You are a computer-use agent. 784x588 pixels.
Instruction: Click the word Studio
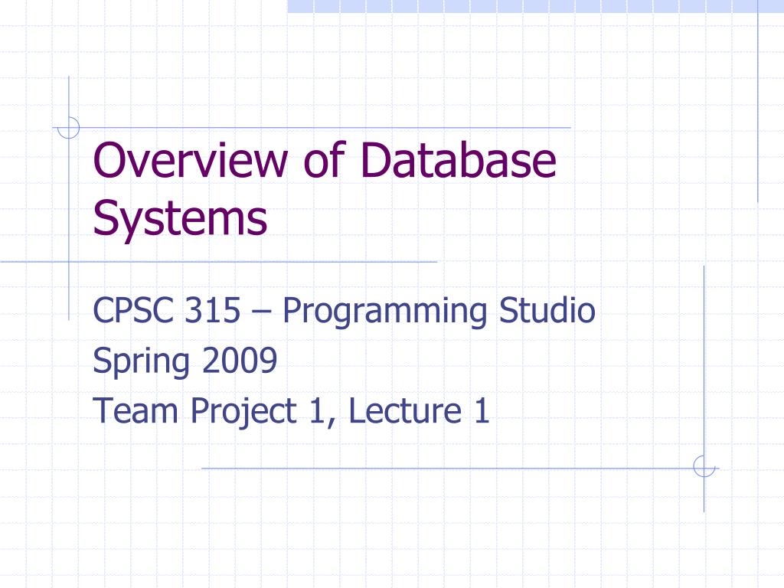(547, 312)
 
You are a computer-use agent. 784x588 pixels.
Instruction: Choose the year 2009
(240, 361)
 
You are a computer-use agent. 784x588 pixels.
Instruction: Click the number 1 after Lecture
(481, 411)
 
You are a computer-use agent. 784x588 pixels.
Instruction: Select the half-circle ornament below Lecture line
(704, 466)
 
